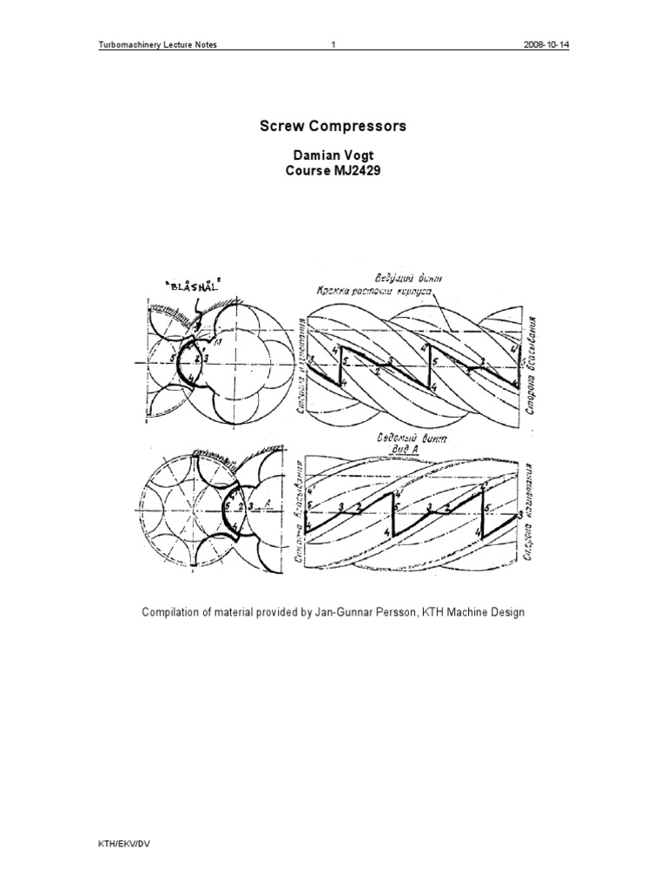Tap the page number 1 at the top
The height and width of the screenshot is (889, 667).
(333, 46)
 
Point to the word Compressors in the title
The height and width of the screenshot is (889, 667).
(358, 127)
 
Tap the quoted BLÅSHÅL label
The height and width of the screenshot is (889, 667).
(190, 284)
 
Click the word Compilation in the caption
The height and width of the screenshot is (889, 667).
(171, 612)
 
